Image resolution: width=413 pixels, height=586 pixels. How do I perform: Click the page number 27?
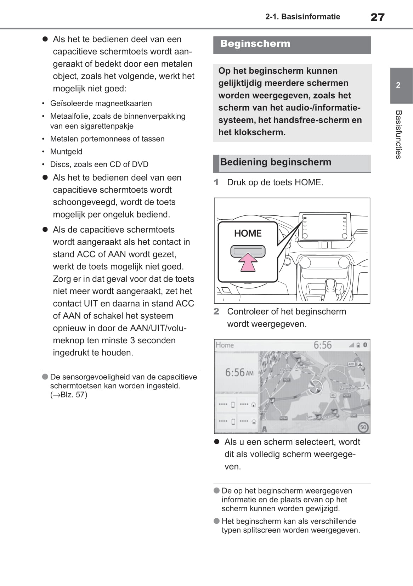point(377,17)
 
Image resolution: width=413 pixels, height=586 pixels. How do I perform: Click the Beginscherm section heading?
point(255,44)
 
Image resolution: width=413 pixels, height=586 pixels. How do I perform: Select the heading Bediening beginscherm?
point(276,162)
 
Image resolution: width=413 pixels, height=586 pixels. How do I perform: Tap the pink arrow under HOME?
point(248,263)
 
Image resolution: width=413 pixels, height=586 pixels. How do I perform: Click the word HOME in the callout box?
point(248,233)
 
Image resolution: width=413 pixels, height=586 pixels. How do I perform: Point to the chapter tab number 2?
point(398,85)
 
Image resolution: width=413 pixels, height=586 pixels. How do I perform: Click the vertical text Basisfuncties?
point(398,135)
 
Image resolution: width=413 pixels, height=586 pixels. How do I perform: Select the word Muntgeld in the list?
point(66,152)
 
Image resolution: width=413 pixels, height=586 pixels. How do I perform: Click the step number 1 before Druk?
point(216,182)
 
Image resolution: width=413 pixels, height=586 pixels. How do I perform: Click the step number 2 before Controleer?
point(216,311)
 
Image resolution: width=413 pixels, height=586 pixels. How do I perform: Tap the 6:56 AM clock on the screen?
point(239,373)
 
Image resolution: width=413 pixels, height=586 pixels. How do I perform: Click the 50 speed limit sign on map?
point(363,427)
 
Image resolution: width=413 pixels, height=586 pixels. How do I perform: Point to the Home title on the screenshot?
point(225,345)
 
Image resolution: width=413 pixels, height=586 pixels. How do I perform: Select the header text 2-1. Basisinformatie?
point(302,17)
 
